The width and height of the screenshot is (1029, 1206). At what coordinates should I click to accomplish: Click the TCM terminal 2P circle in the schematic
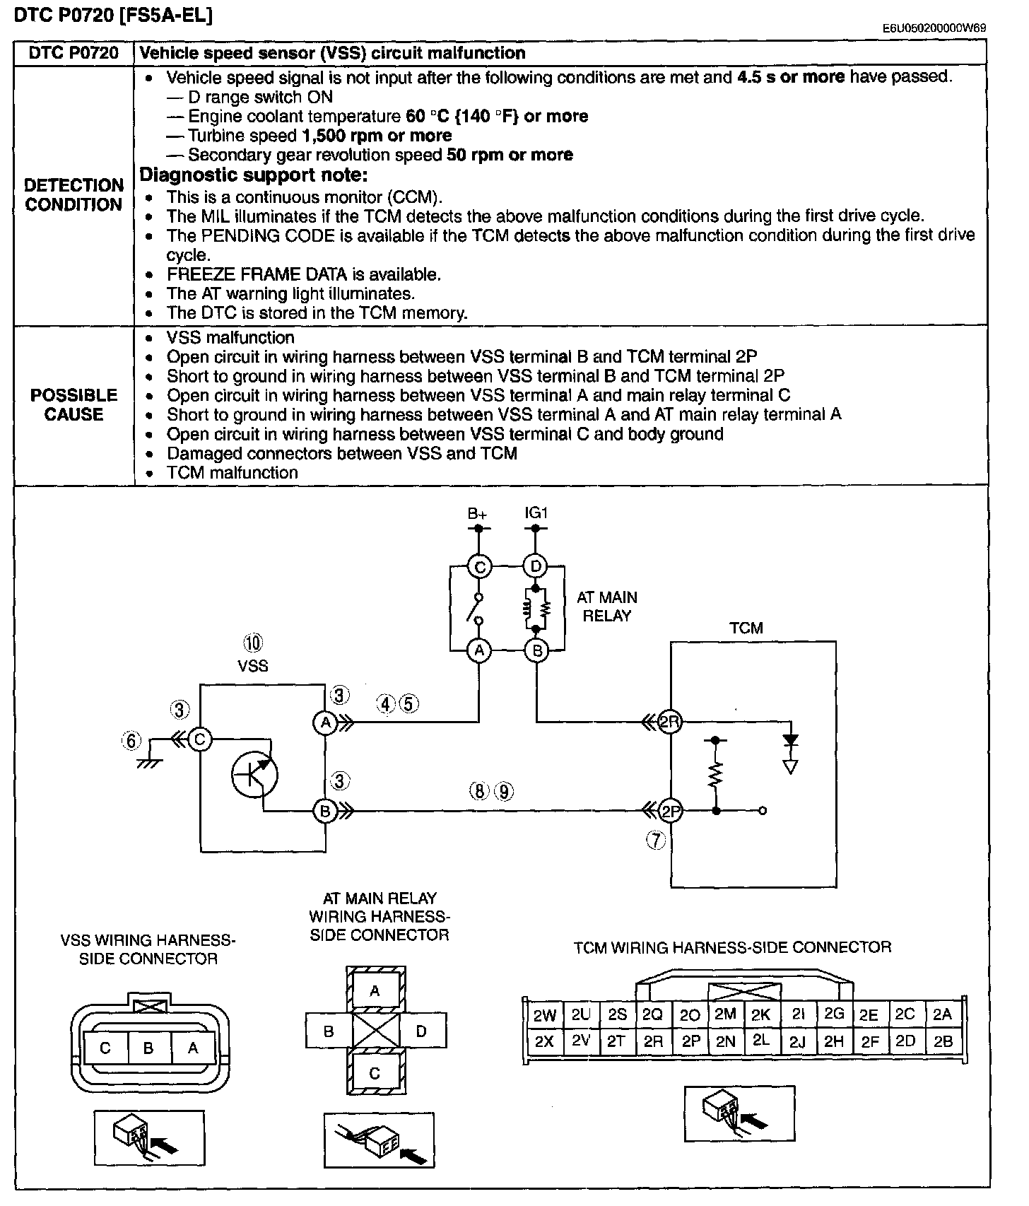[670, 810]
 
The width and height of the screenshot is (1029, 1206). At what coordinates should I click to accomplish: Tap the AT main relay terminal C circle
[479, 566]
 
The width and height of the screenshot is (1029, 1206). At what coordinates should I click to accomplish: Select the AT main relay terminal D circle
[536, 566]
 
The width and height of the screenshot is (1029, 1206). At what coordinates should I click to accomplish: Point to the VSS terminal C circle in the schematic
[200, 739]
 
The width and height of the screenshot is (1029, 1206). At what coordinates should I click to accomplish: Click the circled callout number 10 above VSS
[252, 643]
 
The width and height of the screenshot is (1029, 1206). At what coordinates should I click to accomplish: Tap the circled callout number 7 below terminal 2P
[657, 840]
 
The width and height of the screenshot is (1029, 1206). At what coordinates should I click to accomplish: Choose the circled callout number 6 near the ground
[131, 741]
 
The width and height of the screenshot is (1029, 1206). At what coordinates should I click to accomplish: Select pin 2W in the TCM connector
[545, 1016]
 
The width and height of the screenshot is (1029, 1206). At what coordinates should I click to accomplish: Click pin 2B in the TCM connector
[943, 1041]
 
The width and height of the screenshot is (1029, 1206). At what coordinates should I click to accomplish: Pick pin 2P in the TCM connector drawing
[690, 1041]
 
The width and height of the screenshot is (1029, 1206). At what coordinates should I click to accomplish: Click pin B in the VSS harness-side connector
[148, 1048]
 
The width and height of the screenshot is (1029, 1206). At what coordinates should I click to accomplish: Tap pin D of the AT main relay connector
[422, 1031]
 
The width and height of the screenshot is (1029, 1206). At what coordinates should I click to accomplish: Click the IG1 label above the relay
[536, 513]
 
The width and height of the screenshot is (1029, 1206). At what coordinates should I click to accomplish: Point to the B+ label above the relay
[478, 513]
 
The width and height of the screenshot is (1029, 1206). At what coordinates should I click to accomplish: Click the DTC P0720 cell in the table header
[74, 53]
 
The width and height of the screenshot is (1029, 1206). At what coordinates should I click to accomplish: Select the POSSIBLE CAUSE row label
[74, 404]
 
